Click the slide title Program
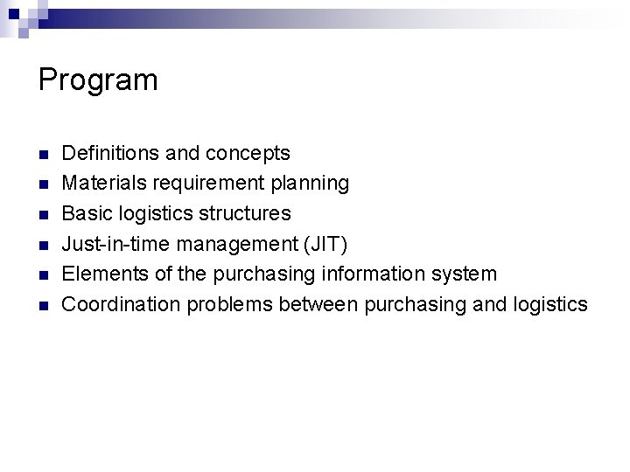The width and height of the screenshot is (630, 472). [x=98, y=80]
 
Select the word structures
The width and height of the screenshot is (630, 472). [x=243, y=213]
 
